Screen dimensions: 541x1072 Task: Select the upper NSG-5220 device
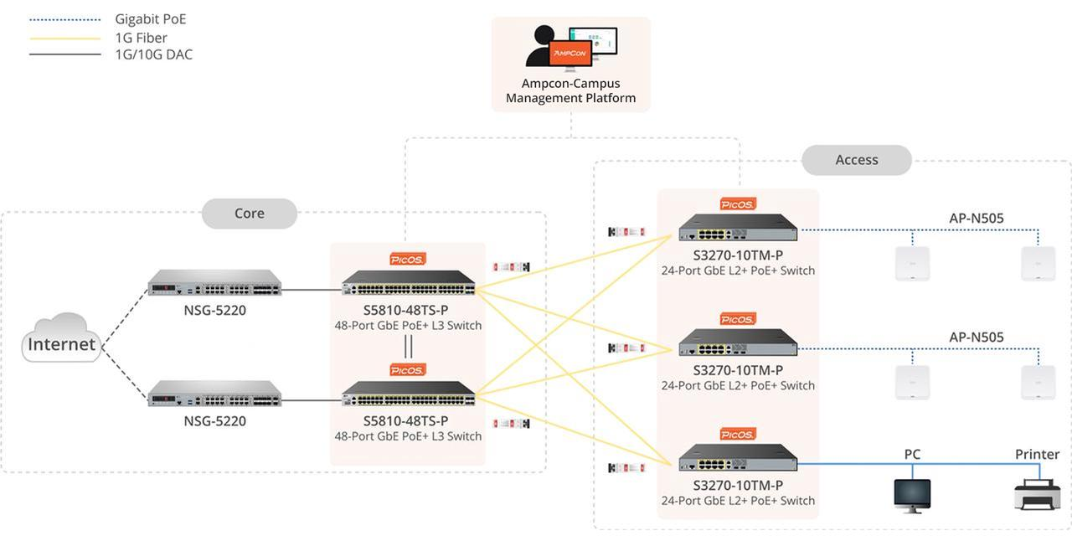(x=214, y=283)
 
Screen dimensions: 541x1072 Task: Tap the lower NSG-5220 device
(x=214, y=394)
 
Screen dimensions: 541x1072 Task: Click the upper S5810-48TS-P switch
(x=409, y=283)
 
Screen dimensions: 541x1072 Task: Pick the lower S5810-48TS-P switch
(x=409, y=394)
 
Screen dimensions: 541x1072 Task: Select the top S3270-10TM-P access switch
(x=738, y=228)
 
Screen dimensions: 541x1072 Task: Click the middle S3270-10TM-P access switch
(x=738, y=343)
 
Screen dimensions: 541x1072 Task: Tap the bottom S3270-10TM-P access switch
(x=738, y=458)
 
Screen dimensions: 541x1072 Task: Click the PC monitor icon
(x=912, y=495)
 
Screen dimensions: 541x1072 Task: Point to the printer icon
(x=1037, y=493)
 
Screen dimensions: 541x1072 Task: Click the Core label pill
(x=250, y=214)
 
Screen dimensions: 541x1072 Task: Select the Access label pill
(x=856, y=160)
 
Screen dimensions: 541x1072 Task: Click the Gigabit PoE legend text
(x=151, y=19)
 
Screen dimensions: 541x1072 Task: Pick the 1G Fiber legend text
(x=141, y=38)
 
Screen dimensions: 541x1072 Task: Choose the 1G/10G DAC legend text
(x=153, y=55)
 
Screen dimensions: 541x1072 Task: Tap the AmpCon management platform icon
(x=571, y=47)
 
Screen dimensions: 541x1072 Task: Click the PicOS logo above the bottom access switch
(x=738, y=434)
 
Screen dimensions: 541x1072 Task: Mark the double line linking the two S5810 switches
(x=409, y=346)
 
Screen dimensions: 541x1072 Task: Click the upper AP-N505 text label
(x=976, y=219)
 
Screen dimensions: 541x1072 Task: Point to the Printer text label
(x=1037, y=455)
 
